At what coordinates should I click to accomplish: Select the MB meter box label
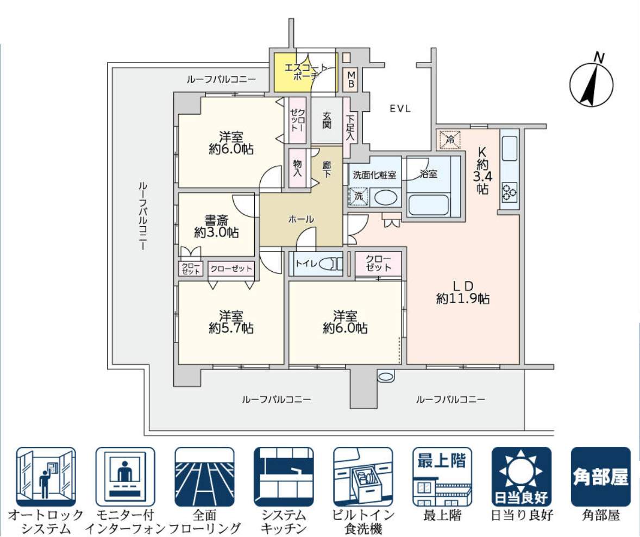pyautogui.click(x=351, y=79)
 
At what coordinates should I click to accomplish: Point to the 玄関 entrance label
pyautogui.click(x=327, y=120)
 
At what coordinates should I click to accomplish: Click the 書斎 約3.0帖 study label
pyautogui.click(x=217, y=226)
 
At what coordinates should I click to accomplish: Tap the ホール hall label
pyautogui.click(x=300, y=219)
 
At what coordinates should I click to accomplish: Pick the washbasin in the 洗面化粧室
pyautogui.click(x=385, y=197)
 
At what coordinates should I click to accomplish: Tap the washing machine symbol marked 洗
pyautogui.click(x=358, y=196)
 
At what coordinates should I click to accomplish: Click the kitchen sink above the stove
pyautogui.click(x=510, y=148)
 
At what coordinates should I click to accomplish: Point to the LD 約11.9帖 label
pyautogui.click(x=463, y=292)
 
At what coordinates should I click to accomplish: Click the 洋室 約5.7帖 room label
pyautogui.click(x=231, y=322)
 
